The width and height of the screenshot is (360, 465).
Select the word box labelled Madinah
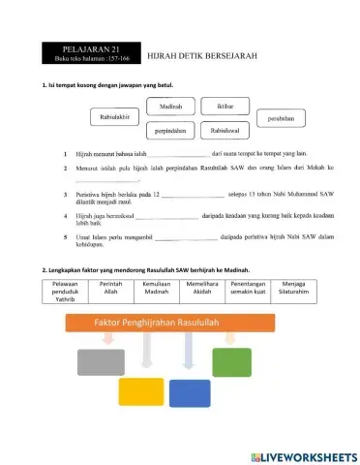pos(170,106)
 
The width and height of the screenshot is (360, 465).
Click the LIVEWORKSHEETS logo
pos(302,455)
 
